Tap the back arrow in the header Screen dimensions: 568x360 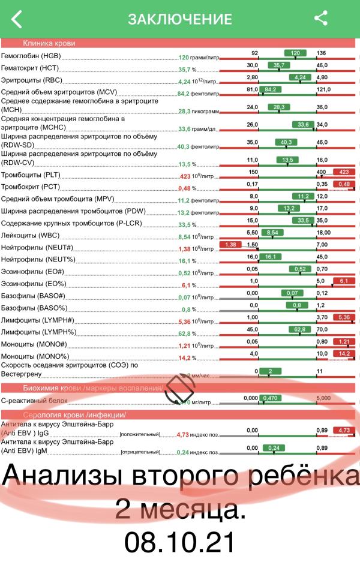[17, 19]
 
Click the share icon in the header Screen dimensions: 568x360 [321, 18]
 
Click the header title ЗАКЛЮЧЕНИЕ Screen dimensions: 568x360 [179, 19]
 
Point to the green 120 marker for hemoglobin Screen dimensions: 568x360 [295, 53]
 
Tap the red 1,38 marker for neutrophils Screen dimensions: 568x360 [231, 245]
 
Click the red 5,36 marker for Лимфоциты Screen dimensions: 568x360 [344, 317]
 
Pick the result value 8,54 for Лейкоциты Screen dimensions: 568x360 [184, 237]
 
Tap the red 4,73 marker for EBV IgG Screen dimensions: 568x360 [344, 430]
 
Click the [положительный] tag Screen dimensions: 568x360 [140, 434]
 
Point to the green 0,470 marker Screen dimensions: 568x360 [271, 397]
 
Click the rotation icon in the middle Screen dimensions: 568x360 [179, 388]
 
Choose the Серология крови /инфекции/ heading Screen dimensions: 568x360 [74, 415]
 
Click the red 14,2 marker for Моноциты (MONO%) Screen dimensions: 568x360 [344, 353]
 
